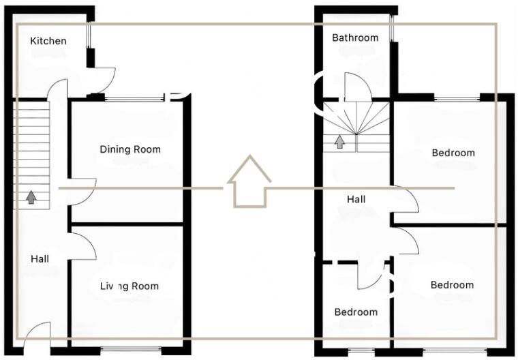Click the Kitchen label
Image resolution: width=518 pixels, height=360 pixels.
coord(48,41)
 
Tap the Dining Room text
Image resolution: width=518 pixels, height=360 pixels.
coord(130,149)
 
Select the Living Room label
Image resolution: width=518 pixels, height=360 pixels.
coord(129,286)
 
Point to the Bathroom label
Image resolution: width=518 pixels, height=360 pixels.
coord(355,37)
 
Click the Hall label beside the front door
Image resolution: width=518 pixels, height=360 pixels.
coord(40,259)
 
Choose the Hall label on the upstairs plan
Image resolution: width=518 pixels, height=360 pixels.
coord(356,199)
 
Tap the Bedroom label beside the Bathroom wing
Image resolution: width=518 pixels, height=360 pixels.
coord(453,153)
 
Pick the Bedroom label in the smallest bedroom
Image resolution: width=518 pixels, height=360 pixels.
coord(356,312)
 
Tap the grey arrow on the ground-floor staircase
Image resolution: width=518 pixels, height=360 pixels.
coord(31,197)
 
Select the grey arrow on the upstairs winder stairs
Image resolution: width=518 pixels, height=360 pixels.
coord(339,141)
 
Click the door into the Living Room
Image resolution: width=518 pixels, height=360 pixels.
coord(83,245)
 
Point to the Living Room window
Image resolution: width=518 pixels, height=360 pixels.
coord(131,350)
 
